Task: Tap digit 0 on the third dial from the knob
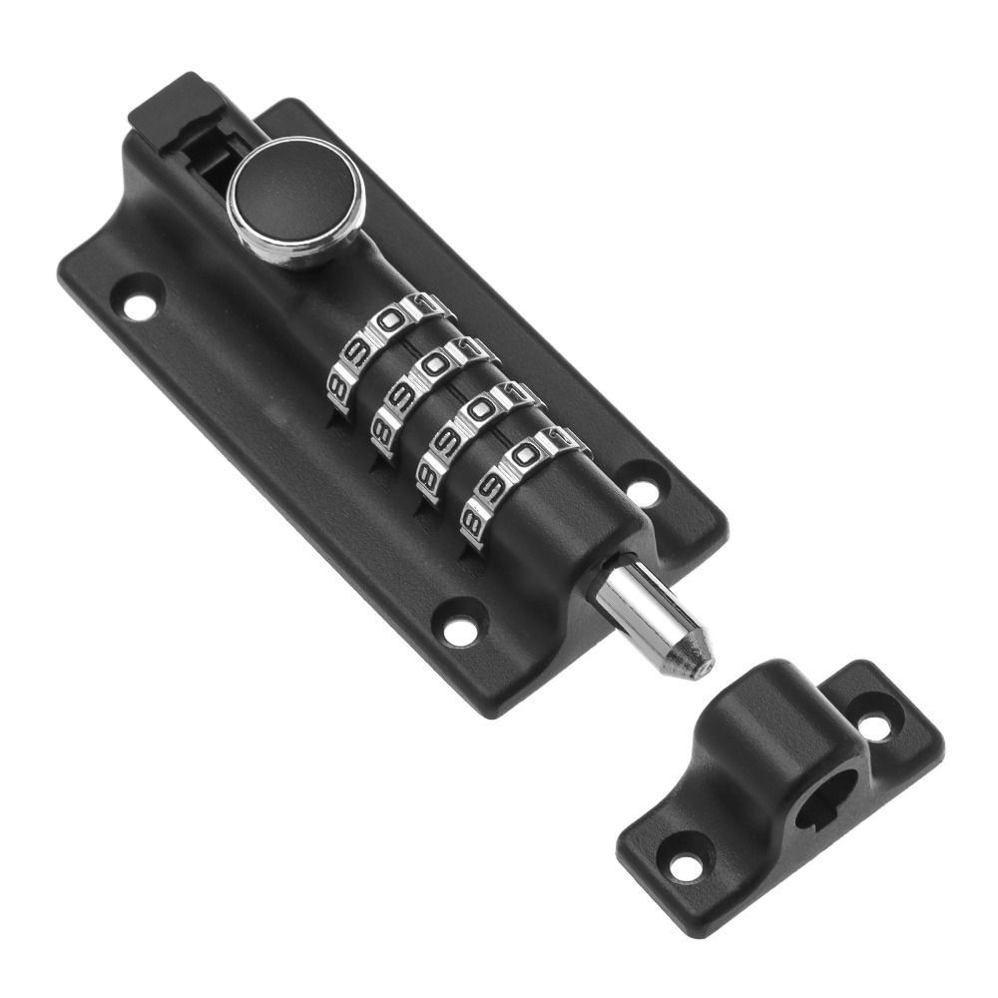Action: (481, 410)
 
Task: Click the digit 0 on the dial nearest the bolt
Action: (525, 457)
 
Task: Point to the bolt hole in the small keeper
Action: (820, 799)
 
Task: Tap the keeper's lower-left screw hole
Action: (686, 867)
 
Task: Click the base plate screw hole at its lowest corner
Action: (459, 631)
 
